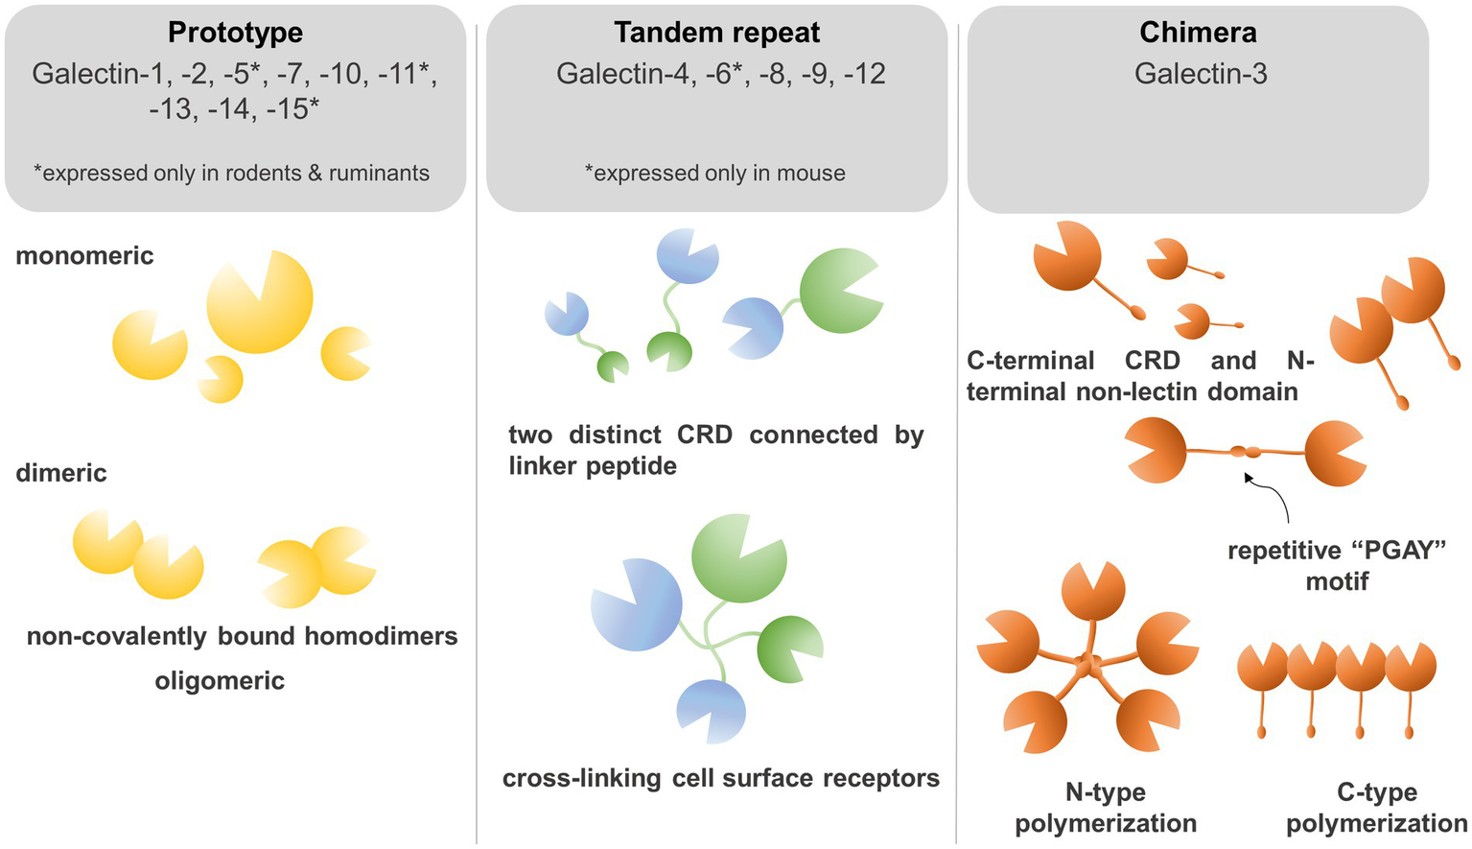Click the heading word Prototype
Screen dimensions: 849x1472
point(235,33)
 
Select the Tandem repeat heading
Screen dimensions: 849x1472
point(716,33)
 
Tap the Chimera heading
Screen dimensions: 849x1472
point(1198,33)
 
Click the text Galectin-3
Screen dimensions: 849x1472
point(1201,74)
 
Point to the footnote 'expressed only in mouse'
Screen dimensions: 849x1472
point(715,173)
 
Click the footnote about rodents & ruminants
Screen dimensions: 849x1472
point(231,173)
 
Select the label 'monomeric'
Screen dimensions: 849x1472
point(84,256)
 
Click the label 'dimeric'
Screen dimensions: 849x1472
point(61,473)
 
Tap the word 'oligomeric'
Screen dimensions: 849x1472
point(220,681)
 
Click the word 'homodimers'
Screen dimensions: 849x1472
point(381,636)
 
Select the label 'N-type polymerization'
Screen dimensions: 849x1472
point(1106,808)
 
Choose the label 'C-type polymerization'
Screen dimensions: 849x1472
point(1376,808)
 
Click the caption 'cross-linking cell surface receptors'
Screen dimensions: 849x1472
point(721,778)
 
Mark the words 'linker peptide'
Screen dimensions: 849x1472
point(593,466)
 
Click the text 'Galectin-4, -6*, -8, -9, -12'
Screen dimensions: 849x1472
point(721,74)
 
